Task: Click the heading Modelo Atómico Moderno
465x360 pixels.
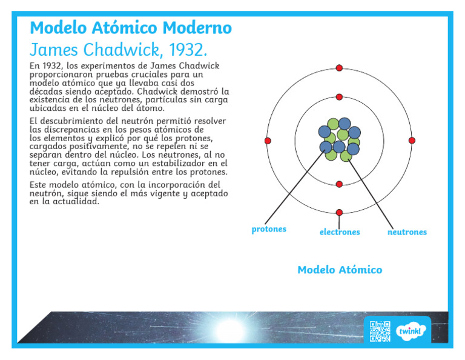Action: pyautogui.click(x=130, y=28)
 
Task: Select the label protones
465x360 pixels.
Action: pyautogui.click(x=269, y=230)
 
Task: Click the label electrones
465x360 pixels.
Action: pyautogui.click(x=340, y=232)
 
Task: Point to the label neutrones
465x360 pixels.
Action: pyautogui.click(x=407, y=232)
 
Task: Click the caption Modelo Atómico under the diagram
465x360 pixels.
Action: pyautogui.click(x=340, y=270)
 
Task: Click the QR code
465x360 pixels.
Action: pyautogui.click(x=380, y=331)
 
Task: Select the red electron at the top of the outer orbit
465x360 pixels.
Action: pyautogui.click(x=339, y=68)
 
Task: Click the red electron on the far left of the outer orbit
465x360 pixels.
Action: pyautogui.click(x=268, y=141)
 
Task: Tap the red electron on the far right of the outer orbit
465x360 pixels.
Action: pyautogui.click(x=412, y=141)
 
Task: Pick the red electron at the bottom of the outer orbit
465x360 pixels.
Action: pyautogui.click(x=339, y=212)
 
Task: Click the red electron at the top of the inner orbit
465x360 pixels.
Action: pyautogui.click(x=339, y=97)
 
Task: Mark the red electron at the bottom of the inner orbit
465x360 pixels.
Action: pyautogui.click(x=339, y=184)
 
